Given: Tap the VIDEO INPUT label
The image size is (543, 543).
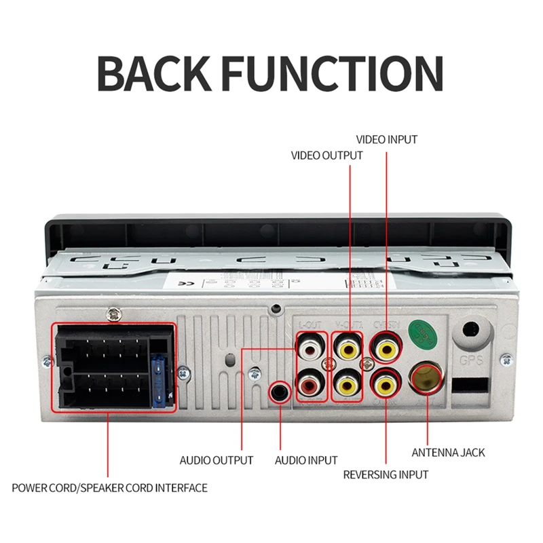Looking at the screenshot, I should click(x=387, y=140).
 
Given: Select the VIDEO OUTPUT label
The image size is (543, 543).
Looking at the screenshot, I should click(x=326, y=155).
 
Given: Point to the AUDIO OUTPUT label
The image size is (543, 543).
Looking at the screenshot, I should click(x=216, y=460).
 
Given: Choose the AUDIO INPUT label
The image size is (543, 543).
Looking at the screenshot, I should click(x=306, y=460).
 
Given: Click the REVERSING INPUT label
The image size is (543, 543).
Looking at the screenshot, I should click(x=386, y=474).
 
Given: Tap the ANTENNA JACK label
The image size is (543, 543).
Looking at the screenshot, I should click(x=449, y=452).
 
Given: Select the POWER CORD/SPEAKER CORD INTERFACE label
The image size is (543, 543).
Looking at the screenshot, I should click(x=109, y=487).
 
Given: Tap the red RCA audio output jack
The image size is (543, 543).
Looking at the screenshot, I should click(x=310, y=386).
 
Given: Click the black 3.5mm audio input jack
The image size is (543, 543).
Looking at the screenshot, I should click(x=280, y=392).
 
